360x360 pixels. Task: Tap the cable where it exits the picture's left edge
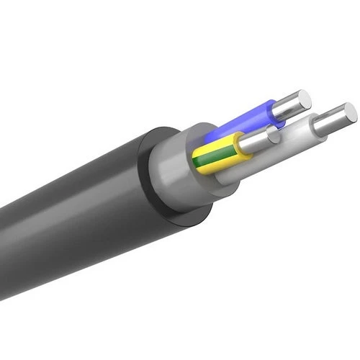[3, 223]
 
